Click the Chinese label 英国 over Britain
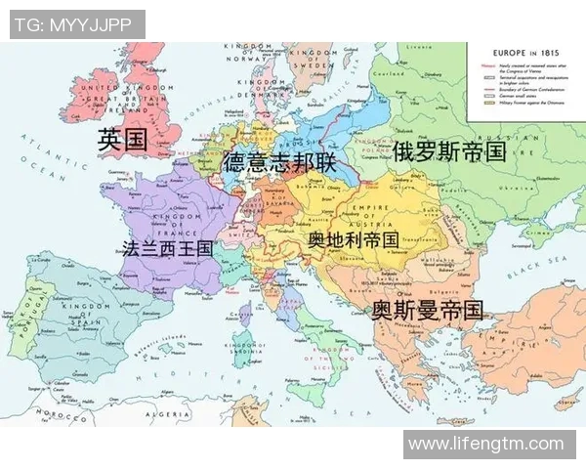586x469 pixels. [122, 140]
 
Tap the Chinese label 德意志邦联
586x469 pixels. [278, 161]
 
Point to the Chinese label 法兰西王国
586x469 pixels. [167, 247]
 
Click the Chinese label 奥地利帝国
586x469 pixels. [353, 238]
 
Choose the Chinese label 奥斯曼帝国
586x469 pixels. [427, 311]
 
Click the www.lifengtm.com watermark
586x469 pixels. [486, 445]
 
